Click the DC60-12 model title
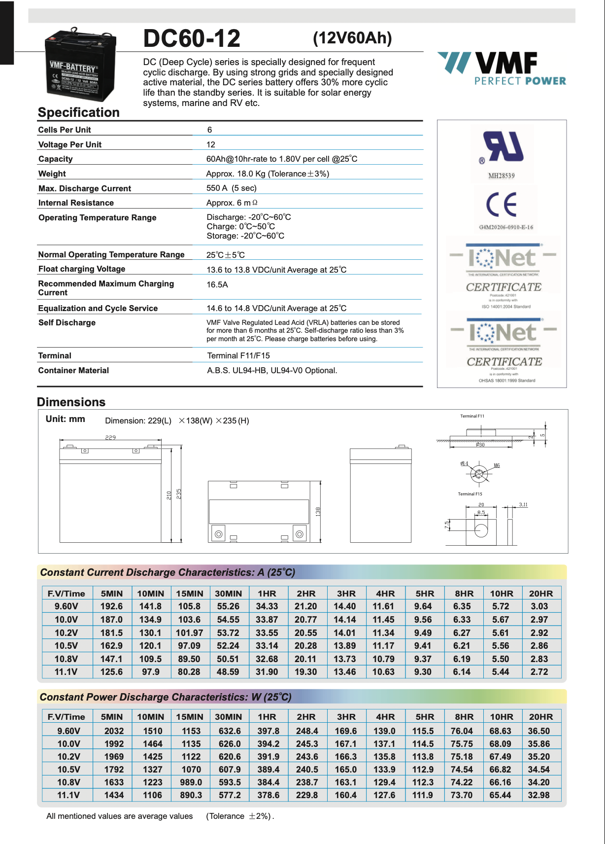(192, 38)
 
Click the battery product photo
(80, 65)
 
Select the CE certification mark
(502, 205)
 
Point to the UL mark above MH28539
(503, 146)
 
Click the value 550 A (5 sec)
(231, 188)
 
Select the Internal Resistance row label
(76, 203)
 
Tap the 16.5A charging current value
(217, 284)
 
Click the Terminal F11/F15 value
(238, 355)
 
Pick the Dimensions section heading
(71, 402)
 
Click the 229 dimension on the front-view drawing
(110, 437)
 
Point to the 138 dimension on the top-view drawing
(318, 511)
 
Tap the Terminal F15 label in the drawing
(470, 493)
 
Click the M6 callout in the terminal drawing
(497, 465)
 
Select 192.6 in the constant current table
(111, 606)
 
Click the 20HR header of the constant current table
(540, 594)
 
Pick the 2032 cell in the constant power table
(114, 731)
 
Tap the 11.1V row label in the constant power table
(68, 795)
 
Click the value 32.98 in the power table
(538, 795)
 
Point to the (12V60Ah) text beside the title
(352, 38)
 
